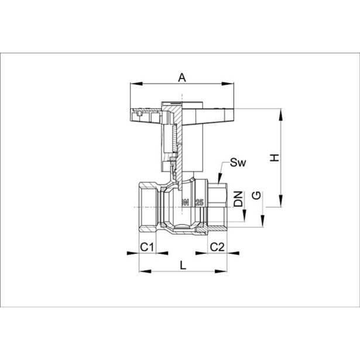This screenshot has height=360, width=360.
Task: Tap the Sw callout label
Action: [238, 162]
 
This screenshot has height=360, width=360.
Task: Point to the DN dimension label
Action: [238, 198]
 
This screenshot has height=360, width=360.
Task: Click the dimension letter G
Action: [256, 196]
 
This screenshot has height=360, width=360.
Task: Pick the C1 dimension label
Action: [147, 246]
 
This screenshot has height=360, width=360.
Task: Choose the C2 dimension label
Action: [217, 246]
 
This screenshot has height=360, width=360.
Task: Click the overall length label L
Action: [183, 265]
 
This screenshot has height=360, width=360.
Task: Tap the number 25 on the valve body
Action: [200, 203]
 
